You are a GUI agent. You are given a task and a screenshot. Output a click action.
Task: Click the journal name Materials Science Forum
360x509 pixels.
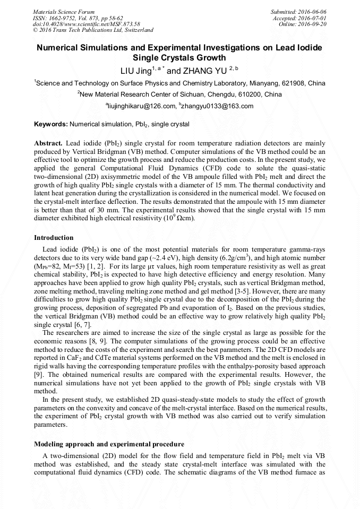[x=64, y=11]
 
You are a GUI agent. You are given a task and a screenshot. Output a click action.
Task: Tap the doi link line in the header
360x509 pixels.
[x=87, y=24]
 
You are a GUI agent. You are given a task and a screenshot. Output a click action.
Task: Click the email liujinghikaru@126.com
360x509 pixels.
[x=141, y=106]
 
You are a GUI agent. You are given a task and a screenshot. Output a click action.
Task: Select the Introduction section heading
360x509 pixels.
[x=54, y=237]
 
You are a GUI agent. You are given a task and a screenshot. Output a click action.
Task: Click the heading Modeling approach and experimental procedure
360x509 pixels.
[x=109, y=443]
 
